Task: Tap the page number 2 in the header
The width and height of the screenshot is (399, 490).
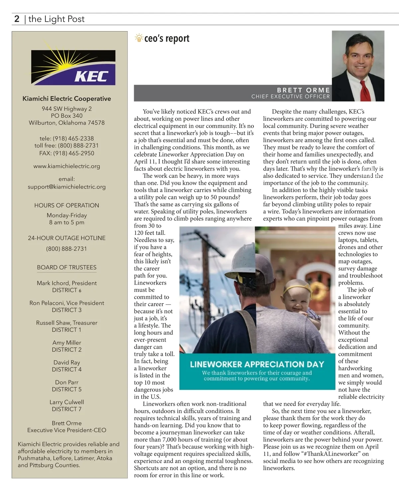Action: point(17,19)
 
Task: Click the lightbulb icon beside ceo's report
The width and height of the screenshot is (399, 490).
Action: point(139,38)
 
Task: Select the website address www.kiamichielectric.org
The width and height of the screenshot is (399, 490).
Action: point(66,166)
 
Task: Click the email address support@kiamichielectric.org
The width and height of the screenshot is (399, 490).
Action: point(66,187)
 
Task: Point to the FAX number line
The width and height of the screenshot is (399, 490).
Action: point(66,153)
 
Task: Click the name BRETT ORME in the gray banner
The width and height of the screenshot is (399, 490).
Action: point(303,90)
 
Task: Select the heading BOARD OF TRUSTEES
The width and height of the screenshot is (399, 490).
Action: point(66,268)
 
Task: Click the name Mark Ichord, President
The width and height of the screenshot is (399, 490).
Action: point(66,283)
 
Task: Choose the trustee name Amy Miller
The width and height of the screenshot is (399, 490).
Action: point(66,343)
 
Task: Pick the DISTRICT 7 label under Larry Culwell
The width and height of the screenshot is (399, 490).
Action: point(66,409)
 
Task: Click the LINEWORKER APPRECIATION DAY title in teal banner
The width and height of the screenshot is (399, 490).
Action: point(257,364)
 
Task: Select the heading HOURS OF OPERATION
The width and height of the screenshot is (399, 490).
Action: point(66,205)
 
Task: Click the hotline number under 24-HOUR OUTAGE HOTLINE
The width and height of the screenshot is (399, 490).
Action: point(66,249)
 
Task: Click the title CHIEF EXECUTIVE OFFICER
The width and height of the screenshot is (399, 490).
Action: point(290,97)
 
